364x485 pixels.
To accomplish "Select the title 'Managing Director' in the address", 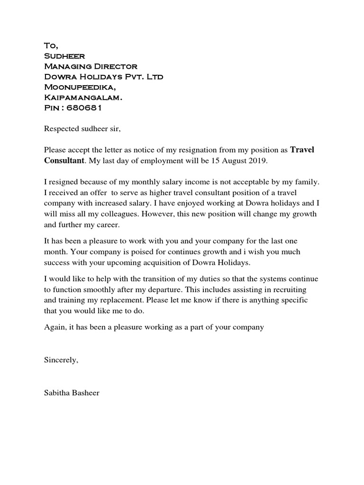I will coord(91,66).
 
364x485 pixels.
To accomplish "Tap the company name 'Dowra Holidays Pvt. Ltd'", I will coord(103,77).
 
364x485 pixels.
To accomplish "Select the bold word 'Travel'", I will coord(302,150).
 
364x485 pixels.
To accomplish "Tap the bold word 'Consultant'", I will coord(64,161).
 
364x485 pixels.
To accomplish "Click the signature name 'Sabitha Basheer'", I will coord(72,393).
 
